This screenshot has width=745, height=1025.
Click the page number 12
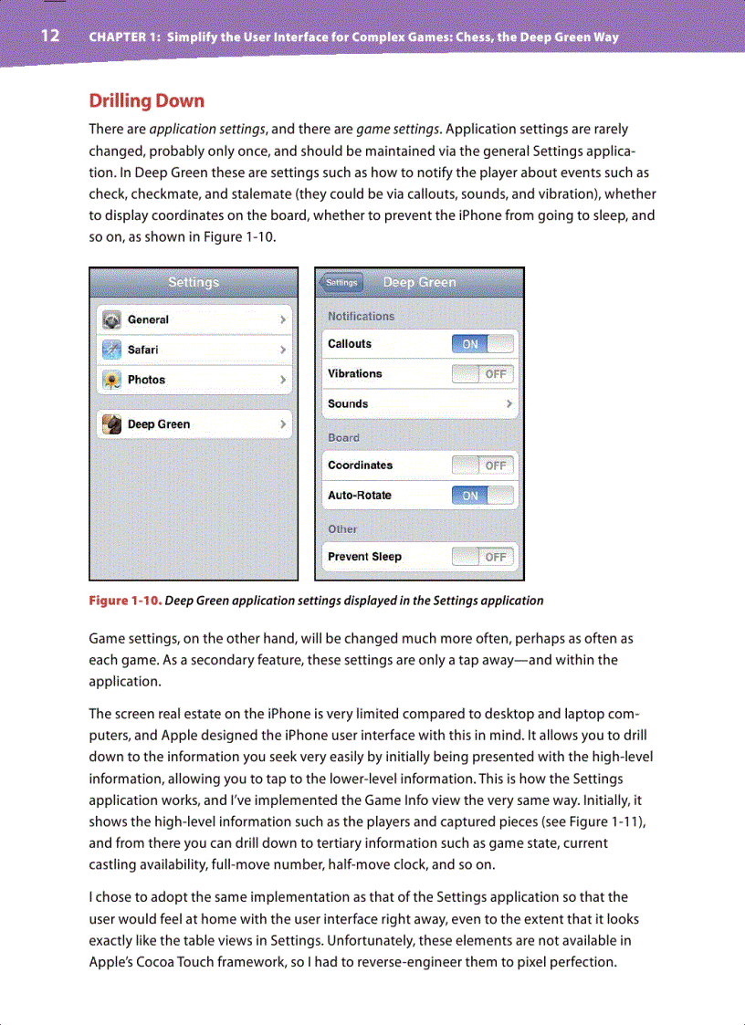49,37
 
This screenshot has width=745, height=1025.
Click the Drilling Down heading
146,100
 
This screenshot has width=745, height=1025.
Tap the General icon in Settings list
111,319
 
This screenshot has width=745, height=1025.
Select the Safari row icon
111,350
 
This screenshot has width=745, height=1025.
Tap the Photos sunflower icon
111,380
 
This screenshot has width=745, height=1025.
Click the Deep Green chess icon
111,424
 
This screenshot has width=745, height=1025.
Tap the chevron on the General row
283,320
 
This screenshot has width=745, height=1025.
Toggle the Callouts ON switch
483,344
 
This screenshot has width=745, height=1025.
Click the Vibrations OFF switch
483,374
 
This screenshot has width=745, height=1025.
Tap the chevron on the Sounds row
509,403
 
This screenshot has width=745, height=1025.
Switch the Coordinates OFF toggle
483,465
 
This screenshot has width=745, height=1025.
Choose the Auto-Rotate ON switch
483,496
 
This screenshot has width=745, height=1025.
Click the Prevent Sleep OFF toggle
483,557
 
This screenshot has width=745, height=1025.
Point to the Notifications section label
362,317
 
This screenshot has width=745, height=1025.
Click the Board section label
344,438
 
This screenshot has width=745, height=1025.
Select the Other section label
343,529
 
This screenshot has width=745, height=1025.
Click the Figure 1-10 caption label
125,601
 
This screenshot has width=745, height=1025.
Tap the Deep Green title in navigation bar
419,282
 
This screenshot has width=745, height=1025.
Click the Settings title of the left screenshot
194,282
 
